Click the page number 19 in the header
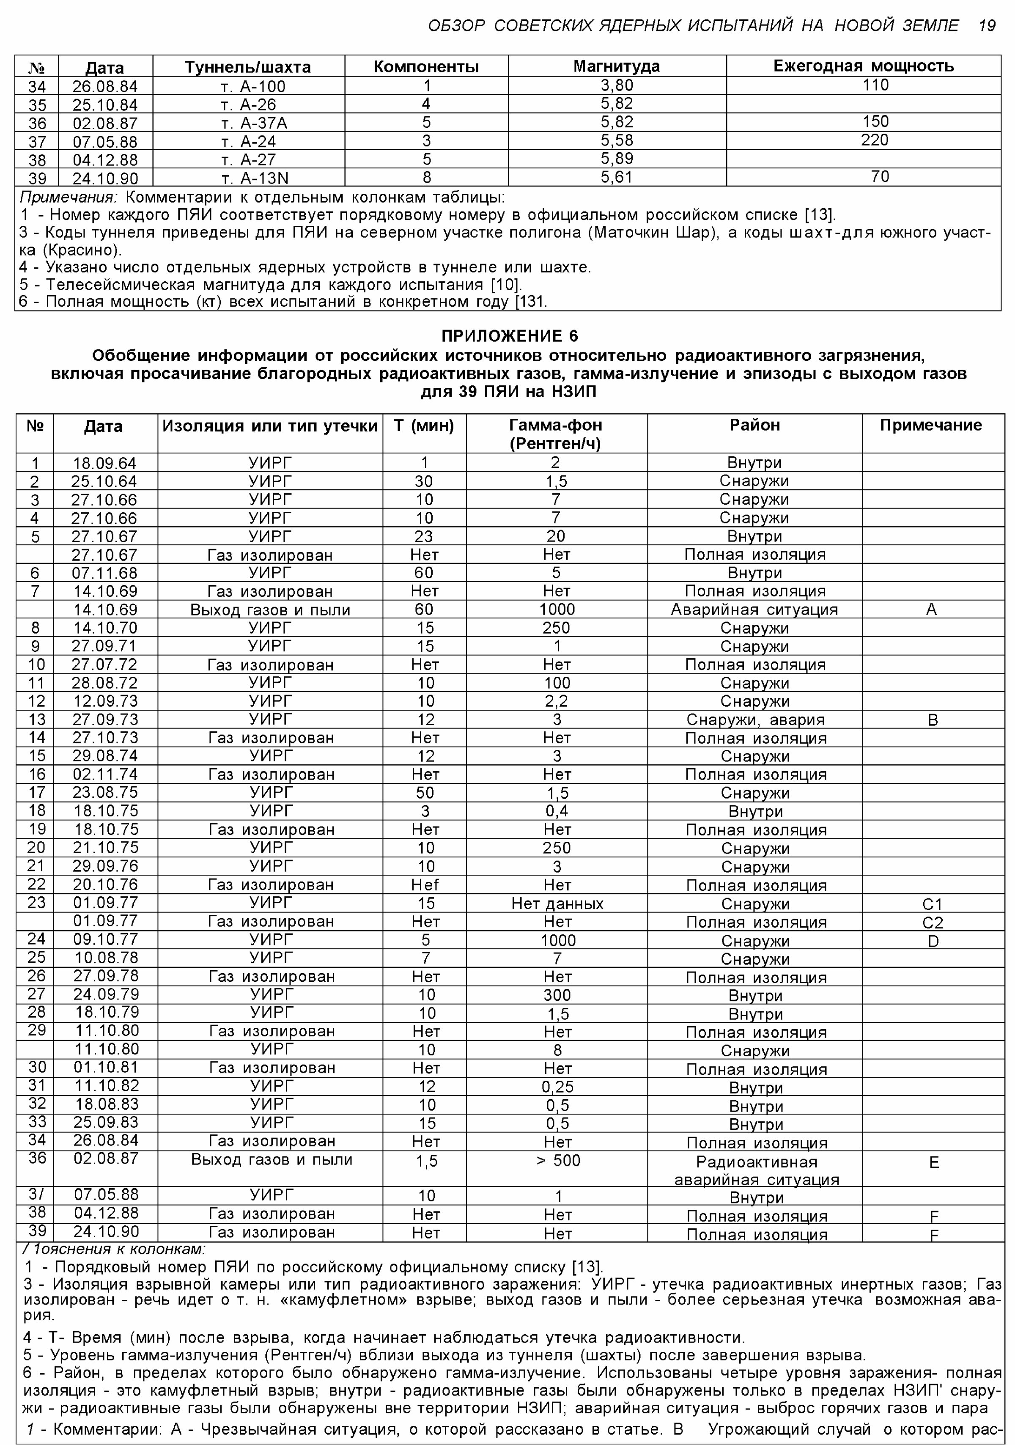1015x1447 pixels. pos(987,26)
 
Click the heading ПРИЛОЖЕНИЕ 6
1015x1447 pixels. pos(509,336)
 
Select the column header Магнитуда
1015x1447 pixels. pos(616,66)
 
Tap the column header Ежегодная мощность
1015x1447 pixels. pos(863,66)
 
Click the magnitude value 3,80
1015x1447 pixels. pos(616,85)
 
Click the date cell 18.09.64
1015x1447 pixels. pos(104,463)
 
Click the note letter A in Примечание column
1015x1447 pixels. pos(931,610)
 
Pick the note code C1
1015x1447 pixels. pos(933,904)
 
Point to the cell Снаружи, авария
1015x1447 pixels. pos(755,720)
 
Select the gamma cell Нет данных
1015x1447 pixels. pos(557,904)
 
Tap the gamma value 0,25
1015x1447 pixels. pos(557,1087)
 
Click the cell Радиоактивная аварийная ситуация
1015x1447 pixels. pos(756,1170)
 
